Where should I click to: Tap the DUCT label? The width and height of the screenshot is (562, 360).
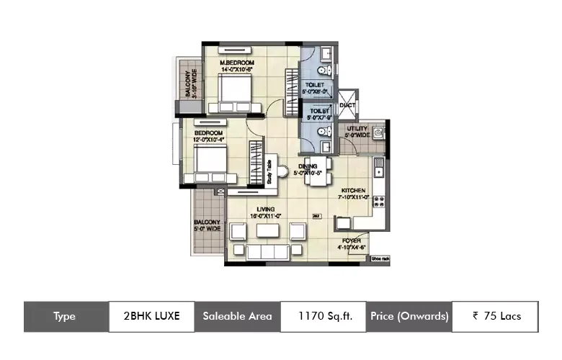pyautogui.click(x=347, y=105)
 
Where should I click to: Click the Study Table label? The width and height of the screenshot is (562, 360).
pyautogui.click(x=269, y=173)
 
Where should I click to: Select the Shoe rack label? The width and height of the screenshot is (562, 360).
pyautogui.click(x=380, y=258)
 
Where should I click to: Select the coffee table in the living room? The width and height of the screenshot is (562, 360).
pyautogui.click(x=267, y=231)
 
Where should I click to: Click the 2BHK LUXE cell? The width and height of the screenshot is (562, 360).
pyautogui.click(x=151, y=316)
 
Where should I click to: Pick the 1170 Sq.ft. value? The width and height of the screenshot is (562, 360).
pyautogui.click(x=323, y=316)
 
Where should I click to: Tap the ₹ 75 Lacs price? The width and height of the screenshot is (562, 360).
pyautogui.click(x=496, y=316)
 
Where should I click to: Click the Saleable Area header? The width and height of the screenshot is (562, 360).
pyautogui.click(x=237, y=316)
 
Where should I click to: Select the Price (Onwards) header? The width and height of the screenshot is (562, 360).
pyautogui.click(x=409, y=316)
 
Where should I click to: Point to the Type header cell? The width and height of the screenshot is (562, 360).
pyautogui.click(x=66, y=316)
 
